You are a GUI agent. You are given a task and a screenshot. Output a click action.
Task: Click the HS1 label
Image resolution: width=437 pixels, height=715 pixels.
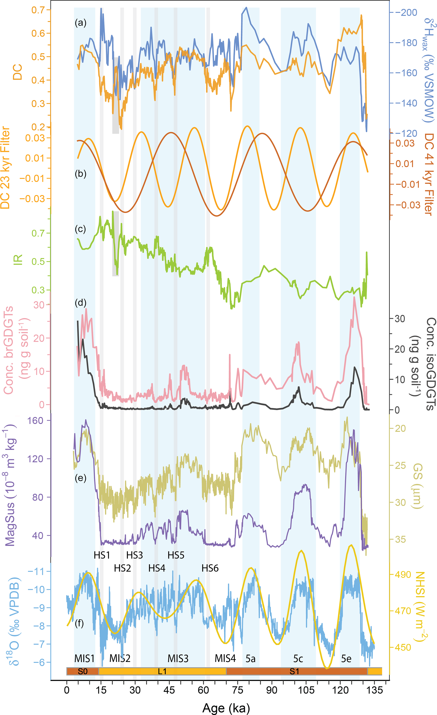click(x=102, y=555)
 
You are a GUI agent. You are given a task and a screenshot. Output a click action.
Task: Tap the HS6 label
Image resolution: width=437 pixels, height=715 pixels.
click(x=210, y=568)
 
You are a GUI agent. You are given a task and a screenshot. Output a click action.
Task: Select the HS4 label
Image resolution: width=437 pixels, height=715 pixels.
click(x=157, y=568)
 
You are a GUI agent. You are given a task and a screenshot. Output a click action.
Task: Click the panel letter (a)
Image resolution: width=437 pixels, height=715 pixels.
click(x=81, y=23)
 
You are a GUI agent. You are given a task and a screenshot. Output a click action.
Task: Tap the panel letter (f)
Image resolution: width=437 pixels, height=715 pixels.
click(x=79, y=623)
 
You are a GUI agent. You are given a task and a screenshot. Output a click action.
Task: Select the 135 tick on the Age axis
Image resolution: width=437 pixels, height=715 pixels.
click(x=374, y=690)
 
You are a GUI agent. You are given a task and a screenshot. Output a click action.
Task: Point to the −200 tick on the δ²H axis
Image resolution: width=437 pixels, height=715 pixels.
click(x=409, y=12)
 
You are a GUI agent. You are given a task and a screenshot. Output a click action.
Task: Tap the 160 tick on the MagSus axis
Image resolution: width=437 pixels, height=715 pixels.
click(x=35, y=420)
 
